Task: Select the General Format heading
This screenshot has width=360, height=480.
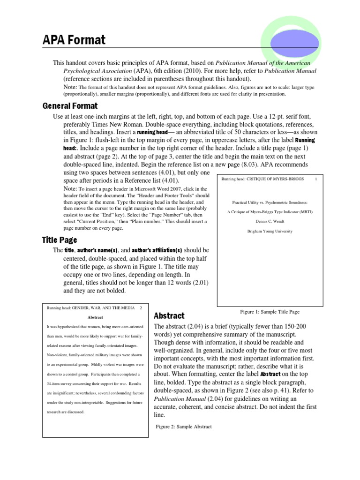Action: click(70, 106)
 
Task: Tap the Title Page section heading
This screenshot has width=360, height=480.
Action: click(59, 240)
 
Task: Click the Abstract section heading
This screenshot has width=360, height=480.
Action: click(169, 315)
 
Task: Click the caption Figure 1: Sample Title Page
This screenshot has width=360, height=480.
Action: click(270, 311)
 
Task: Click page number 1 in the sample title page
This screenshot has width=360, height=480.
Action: click(316, 179)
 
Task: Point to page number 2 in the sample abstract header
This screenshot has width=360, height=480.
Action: click(140, 307)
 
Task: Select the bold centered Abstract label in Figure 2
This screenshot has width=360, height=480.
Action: click(96, 317)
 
